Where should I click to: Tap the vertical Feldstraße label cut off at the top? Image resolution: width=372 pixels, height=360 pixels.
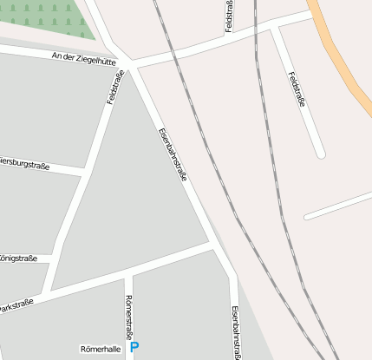(229, 16)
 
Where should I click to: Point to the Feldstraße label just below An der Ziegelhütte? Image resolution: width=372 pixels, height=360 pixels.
(114, 87)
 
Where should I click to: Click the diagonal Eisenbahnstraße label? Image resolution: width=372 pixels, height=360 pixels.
(173, 154)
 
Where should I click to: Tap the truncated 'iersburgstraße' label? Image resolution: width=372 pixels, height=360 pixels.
(24, 162)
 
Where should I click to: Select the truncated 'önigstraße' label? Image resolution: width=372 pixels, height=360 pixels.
(18, 259)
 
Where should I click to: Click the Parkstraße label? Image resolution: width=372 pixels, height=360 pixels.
(16, 304)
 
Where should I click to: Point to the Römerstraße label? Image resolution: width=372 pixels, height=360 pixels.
(130, 317)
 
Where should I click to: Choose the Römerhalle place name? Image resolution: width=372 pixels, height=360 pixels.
(100, 349)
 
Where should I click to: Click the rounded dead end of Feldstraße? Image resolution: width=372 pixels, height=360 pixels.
(320, 154)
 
